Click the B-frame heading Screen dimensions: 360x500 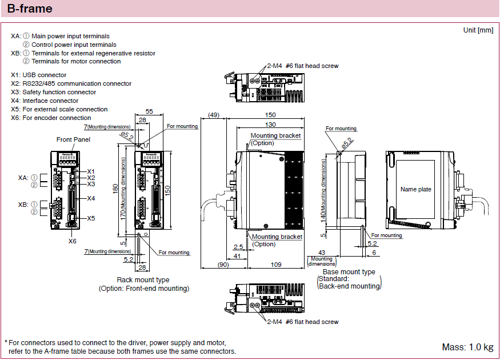[30, 9]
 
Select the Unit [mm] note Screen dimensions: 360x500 [478, 30]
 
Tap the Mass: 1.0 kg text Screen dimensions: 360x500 [467, 347]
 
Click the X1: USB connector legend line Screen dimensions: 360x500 [38, 75]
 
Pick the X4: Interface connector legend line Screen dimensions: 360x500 [45, 101]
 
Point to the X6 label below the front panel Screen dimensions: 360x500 [73, 241]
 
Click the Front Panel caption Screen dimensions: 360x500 [73, 139]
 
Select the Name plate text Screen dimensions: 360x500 [415, 189]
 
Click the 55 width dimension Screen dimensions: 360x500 [149, 111]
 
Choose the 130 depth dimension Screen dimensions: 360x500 [270, 125]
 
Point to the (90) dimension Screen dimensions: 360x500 [223, 265]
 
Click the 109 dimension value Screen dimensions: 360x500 [275, 265]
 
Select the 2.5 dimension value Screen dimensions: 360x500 [238, 246]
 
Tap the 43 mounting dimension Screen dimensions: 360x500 [321, 252]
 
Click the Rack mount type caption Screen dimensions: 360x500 [143, 280]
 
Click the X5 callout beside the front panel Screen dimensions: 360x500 [91, 218]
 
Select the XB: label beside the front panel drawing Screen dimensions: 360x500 [23, 204]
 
